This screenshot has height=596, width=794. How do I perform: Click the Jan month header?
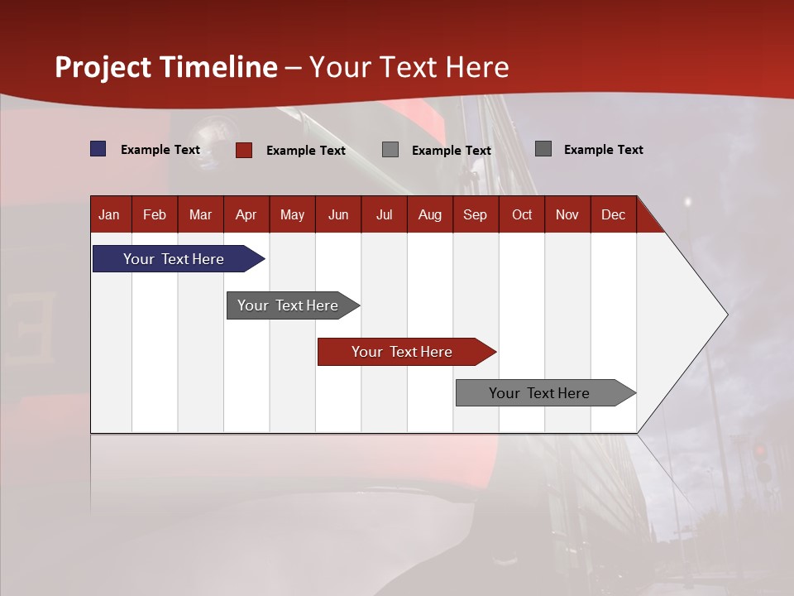point(109,215)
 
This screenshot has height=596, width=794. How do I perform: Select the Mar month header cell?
point(200,215)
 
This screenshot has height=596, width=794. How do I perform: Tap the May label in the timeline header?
point(292,215)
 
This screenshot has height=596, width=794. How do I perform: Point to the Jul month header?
point(384,215)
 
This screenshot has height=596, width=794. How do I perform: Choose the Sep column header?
point(475,215)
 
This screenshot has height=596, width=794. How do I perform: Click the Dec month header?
point(613,215)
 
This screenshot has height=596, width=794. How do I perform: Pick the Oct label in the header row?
point(522,215)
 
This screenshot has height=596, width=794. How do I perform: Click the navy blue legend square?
point(98,149)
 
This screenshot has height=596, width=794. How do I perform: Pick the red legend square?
point(244,150)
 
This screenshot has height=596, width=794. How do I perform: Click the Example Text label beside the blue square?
point(160,150)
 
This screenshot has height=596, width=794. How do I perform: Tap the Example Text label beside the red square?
point(306,151)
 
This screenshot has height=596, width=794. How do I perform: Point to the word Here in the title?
point(476,67)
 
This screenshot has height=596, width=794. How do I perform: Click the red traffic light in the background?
point(759,451)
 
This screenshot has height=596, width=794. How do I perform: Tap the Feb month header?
point(155,215)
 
